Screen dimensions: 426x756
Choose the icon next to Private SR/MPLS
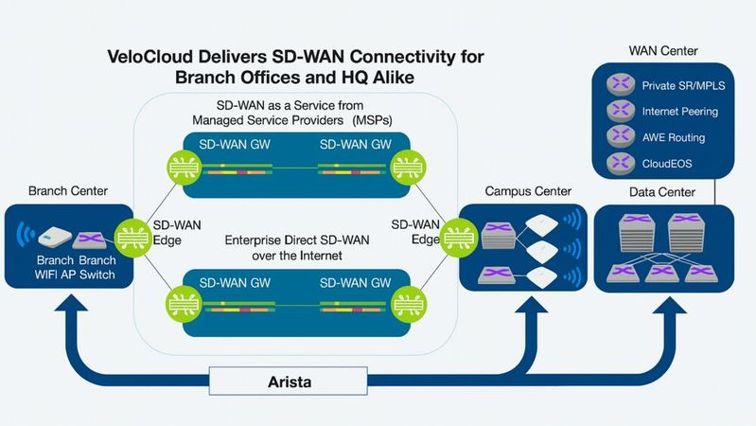click(620, 85)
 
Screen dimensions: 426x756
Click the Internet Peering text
click(679, 111)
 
